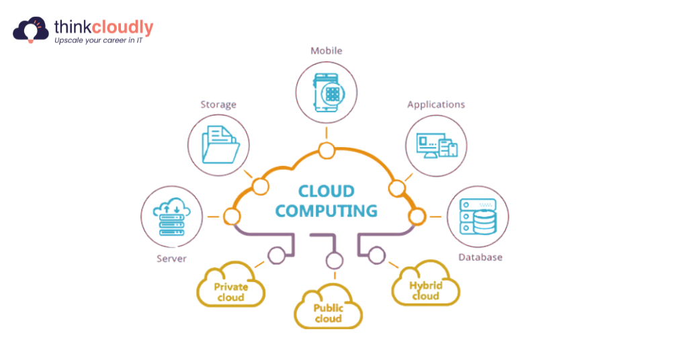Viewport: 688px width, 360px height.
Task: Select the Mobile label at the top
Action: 326,50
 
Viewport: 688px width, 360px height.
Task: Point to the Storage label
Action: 218,104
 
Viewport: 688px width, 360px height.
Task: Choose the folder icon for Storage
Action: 219,144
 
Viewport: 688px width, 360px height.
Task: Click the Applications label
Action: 436,104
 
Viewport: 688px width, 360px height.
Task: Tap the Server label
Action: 171,259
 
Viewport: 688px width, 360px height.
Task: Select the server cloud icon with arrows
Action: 171,216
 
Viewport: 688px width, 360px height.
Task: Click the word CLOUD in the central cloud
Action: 326,191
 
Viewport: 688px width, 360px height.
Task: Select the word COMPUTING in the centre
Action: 326,211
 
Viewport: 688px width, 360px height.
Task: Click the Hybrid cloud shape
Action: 425,289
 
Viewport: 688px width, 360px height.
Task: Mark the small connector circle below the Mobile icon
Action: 327,150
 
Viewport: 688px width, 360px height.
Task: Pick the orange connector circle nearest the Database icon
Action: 417,216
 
